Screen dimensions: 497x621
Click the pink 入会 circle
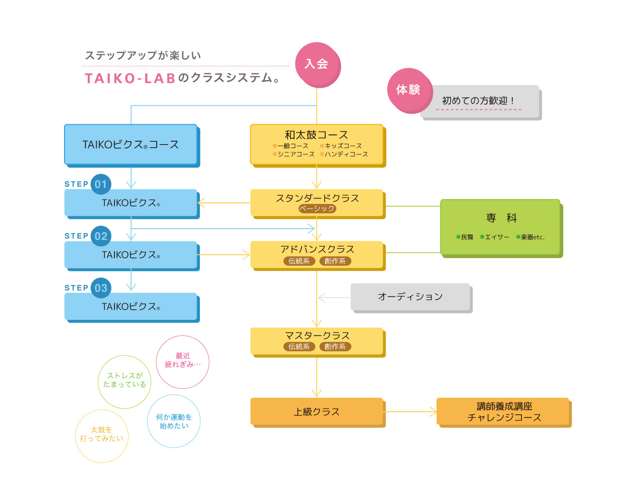pyautogui.click(x=317, y=64)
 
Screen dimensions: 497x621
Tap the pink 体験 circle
pyautogui.click(x=409, y=90)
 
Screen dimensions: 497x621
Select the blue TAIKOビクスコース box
pyautogui.click(x=131, y=144)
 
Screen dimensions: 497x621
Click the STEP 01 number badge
pyautogui.click(x=101, y=184)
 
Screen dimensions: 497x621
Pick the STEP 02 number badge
pyautogui.click(x=101, y=236)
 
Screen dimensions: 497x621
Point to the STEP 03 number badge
pyautogui.click(x=101, y=288)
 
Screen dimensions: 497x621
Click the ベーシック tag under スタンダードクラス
pyautogui.click(x=317, y=209)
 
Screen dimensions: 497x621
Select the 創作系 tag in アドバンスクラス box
pyautogui.click(x=335, y=261)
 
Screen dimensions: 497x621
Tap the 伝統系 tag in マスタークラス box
pyautogui.click(x=299, y=347)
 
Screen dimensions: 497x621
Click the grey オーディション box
pyautogui.click(x=410, y=297)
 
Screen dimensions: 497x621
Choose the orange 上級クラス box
pyautogui.click(x=317, y=412)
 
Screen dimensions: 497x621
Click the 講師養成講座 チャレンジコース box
pyautogui.click(x=503, y=412)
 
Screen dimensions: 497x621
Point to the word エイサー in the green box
pyautogui.click(x=497, y=237)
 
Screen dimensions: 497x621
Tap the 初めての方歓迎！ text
pyautogui.click(x=478, y=101)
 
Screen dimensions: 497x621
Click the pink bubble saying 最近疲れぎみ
pyautogui.click(x=183, y=362)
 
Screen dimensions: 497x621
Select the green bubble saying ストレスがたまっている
pyautogui.click(x=125, y=381)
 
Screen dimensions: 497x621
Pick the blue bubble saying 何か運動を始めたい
pyautogui.click(x=174, y=421)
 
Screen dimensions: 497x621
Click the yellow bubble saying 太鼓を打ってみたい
pyautogui.click(x=102, y=435)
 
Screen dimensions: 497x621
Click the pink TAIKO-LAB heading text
pyautogui.click(x=130, y=79)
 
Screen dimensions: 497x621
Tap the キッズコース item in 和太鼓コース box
pyautogui.click(x=343, y=146)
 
